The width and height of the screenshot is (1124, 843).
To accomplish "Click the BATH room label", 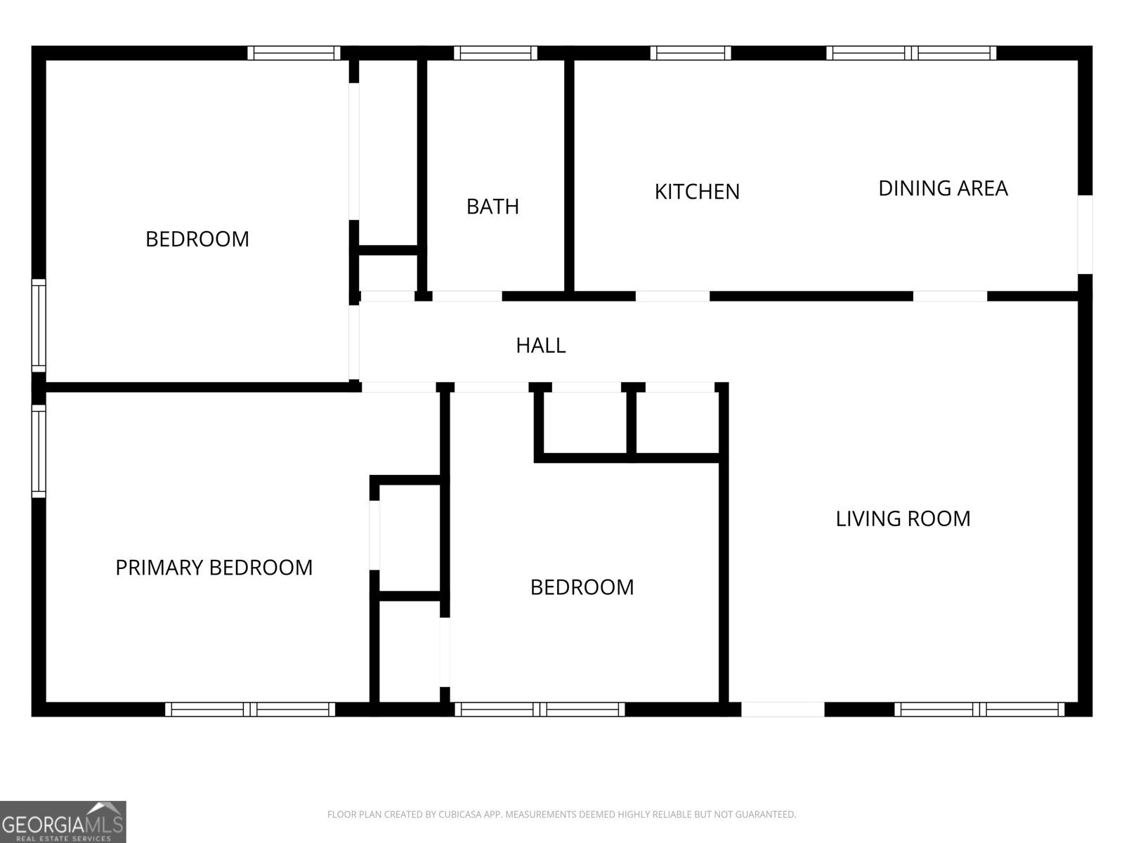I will [x=492, y=207].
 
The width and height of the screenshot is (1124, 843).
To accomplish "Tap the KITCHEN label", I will [x=697, y=192].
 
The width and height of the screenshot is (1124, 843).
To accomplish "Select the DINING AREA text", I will [x=943, y=188].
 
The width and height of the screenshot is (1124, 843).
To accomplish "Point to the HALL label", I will [x=540, y=346].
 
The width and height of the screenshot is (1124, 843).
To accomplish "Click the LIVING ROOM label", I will [x=903, y=519].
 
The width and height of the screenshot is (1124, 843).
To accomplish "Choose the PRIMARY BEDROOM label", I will [x=214, y=568].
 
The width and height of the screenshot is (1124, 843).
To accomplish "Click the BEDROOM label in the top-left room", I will [x=197, y=240].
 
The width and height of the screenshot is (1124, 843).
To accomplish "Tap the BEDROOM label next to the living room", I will [x=582, y=587].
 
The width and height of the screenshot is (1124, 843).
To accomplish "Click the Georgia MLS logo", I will [x=63, y=821].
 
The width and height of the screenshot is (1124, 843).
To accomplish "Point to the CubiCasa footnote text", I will [x=561, y=815].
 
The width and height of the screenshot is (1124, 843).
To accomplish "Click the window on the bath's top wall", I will [x=495, y=53].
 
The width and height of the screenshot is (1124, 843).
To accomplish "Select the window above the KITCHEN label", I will [x=691, y=53].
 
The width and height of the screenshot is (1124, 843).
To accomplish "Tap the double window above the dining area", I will [x=911, y=53].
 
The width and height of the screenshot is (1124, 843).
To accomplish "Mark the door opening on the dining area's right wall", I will [x=1085, y=234].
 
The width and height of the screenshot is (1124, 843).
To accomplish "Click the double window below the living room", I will [x=979, y=710].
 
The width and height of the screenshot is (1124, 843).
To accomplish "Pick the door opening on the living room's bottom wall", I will [x=783, y=710].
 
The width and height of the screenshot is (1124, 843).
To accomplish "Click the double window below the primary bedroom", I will [x=251, y=710].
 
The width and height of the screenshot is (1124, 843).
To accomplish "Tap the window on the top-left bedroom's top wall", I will [x=294, y=53].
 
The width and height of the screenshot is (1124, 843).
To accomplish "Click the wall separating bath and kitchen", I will [x=569, y=176].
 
